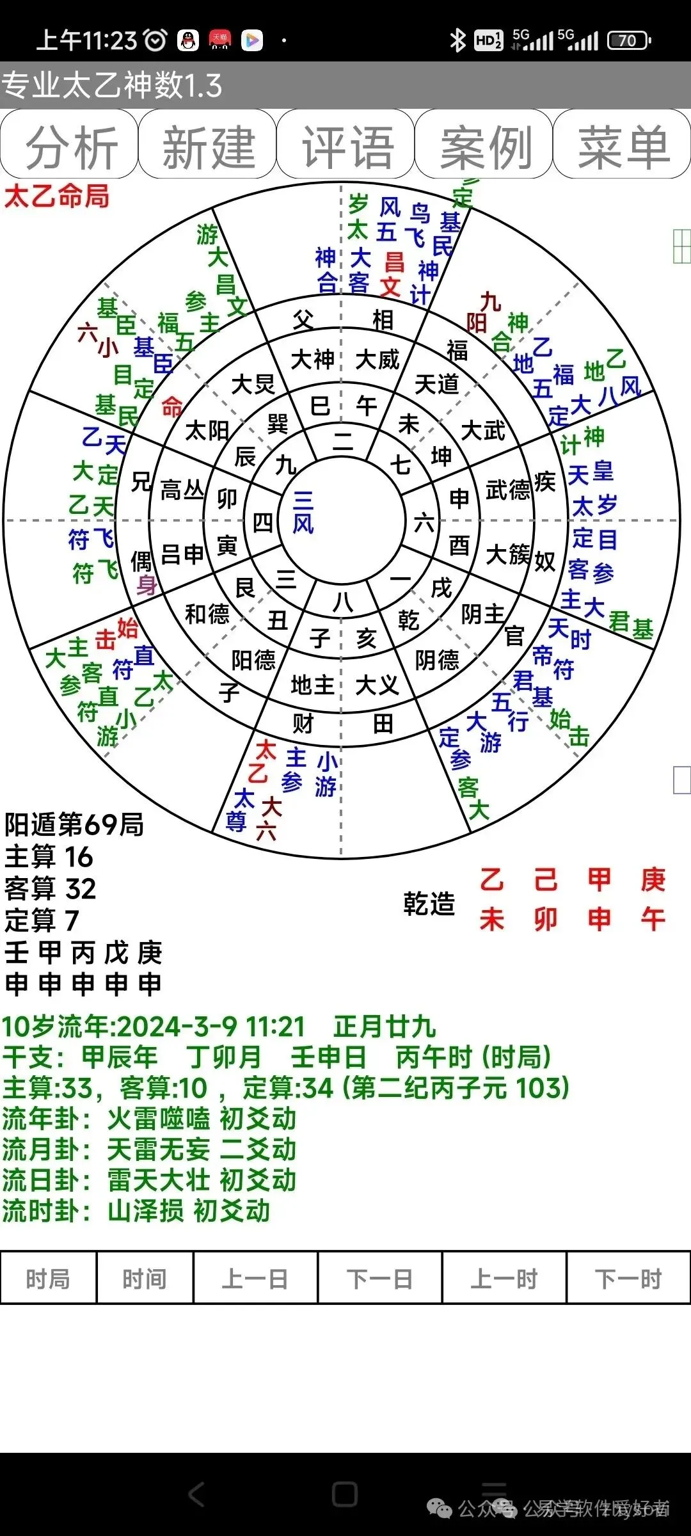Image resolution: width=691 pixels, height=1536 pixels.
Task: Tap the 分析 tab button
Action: coord(69,145)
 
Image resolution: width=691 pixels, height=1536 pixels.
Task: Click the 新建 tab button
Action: coord(207,145)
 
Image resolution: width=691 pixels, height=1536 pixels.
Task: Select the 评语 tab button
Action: coord(346,145)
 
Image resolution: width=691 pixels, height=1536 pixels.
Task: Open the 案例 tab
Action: coord(484,145)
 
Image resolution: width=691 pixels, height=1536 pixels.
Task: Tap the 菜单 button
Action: coord(623,145)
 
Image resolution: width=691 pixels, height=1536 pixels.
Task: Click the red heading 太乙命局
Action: coord(57,196)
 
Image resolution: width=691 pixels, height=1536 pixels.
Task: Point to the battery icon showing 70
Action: coord(628,41)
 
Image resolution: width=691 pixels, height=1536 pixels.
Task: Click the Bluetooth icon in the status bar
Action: coord(457,41)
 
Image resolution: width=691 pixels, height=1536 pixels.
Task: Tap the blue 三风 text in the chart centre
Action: coord(303,512)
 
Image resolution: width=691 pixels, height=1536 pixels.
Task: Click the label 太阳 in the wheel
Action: coord(207,431)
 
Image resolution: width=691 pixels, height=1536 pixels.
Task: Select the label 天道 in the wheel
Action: coord(437,384)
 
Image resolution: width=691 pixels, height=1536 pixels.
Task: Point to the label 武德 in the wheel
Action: coord(508,490)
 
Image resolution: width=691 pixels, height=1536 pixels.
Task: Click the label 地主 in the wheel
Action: coord(312,685)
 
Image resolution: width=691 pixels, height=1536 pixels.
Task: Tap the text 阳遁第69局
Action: coord(74,825)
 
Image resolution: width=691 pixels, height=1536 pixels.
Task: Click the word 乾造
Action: coord(429,904)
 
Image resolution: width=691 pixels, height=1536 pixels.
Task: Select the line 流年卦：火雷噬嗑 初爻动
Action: coord(150,1119)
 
